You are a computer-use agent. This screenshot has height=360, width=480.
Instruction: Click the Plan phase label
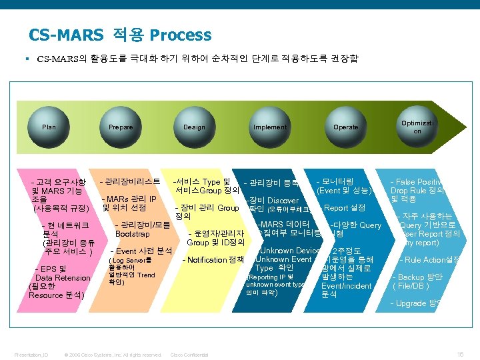[x=49, y=127]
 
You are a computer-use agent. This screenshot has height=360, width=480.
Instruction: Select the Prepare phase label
[x=121, y=127]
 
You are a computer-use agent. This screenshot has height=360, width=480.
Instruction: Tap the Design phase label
[x=194, y=127]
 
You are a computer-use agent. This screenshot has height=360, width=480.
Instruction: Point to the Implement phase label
[x=270, y=127]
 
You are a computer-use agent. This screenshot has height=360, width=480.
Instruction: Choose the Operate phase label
[x=345, y=127]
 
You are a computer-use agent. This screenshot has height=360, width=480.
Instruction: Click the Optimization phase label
[x=417, y=127]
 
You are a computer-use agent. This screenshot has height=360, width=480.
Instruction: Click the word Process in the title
[x=181, y=35]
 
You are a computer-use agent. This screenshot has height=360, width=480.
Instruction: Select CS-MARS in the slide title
[x=66, y=35]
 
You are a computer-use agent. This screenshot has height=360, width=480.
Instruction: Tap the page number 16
[x=459, y=354]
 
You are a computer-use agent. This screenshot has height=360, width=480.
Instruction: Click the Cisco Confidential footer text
[x=189, y=355]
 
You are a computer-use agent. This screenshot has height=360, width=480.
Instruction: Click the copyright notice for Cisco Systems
[x=112, y=355]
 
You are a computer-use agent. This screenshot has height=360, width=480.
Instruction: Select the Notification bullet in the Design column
[x=213, y=259]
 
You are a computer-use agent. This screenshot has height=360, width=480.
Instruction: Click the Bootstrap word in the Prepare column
[x=133, y=234]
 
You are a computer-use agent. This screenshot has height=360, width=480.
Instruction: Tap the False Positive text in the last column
[x=418, y=182]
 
